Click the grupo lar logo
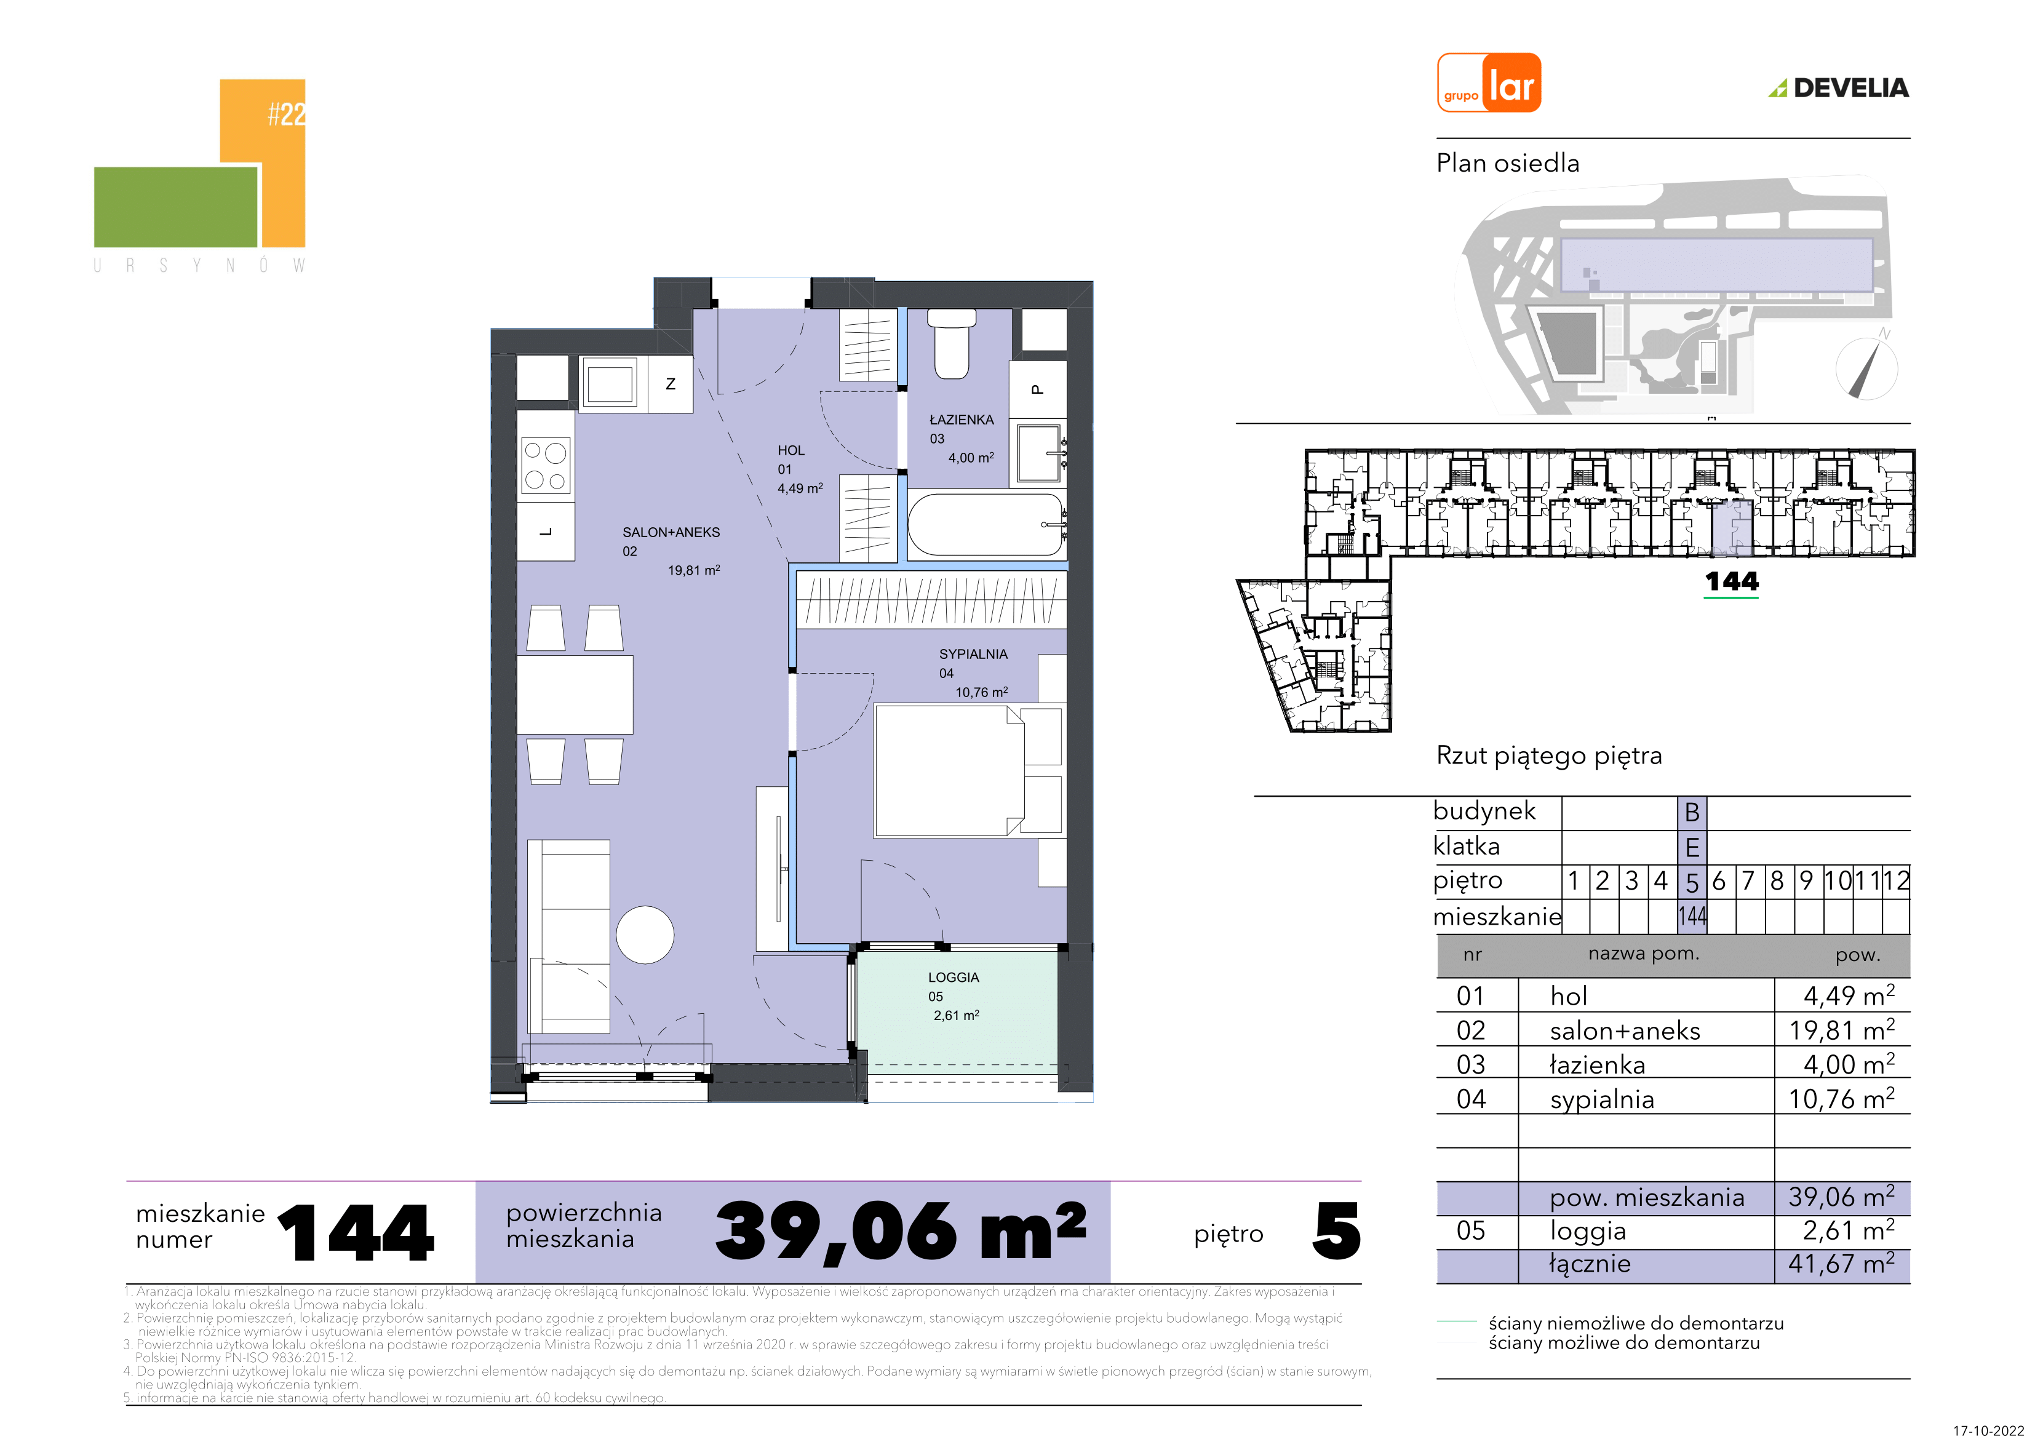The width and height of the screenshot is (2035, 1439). tap(1489, 82)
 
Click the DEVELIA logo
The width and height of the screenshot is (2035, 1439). tap(1839, 88)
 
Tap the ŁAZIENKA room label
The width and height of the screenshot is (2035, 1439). tap(962, 420)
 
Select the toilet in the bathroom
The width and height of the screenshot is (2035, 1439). tap(952, 343)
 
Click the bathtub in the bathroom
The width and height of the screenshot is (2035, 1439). tap(986, 525)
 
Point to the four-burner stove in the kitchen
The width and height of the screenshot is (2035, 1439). tap(545, 466)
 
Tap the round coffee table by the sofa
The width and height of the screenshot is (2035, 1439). tap(645, 935)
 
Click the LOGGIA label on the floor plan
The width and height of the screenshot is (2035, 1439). tap(954, 977)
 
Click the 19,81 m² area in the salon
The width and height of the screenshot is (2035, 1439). tap(694, 570)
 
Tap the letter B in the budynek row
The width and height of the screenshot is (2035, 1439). tap(1692, 812)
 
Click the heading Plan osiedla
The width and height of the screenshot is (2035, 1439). tap(1508, 163)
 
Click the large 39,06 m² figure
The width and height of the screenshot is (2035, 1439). tap(901, 1232)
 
